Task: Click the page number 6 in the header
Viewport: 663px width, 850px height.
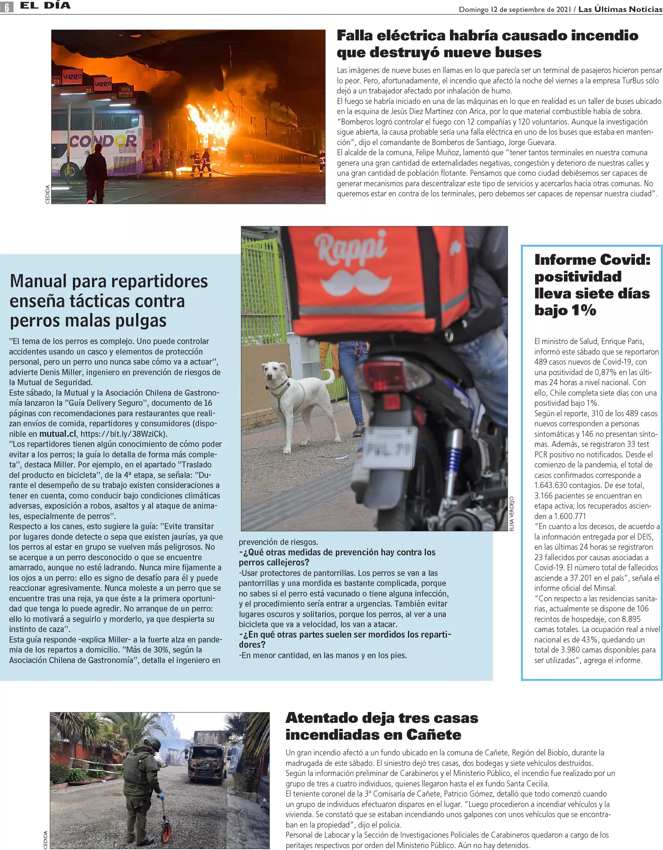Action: click(7, 7)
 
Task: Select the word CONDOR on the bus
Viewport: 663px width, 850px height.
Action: click(103, 141)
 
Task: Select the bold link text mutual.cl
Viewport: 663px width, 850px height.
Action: click(58, 434)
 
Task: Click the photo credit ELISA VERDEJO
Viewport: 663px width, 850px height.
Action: click(512, 513)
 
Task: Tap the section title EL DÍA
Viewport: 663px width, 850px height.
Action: click(45, 6)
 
